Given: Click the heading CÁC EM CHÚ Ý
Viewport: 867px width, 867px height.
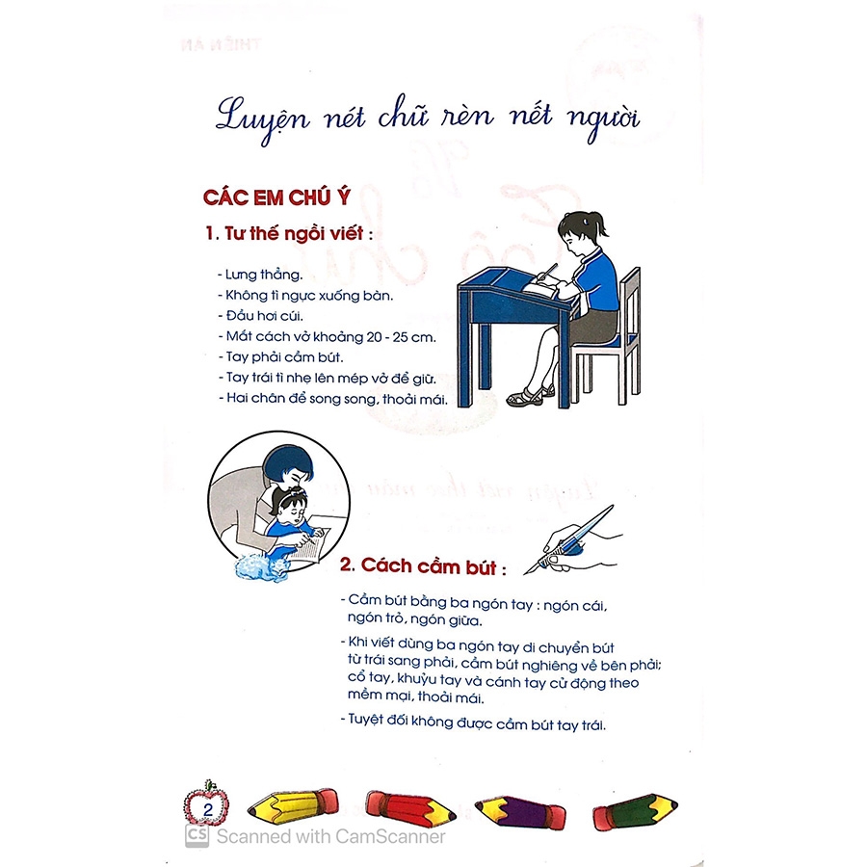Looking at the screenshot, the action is click(276, 197).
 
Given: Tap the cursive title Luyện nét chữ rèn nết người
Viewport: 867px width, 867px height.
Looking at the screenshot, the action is click(428, 118).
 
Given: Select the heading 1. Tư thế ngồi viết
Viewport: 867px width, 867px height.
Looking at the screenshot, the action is click(288, 233).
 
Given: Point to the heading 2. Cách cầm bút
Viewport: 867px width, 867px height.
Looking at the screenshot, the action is click(423, 566).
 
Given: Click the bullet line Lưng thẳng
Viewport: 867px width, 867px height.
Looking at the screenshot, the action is click(260, 275).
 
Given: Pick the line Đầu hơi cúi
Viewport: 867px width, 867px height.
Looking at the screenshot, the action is click(260, 316).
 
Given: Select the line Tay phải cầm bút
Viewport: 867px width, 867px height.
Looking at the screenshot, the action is click(280, 357).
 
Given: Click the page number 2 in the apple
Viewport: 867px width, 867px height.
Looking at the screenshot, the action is click(208, 809).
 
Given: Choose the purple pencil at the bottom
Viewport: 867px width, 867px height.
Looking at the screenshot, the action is click(520, 811).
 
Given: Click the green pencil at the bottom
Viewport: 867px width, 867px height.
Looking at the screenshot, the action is click(636, 812).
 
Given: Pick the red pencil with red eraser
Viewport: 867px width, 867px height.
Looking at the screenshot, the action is click(410, 807).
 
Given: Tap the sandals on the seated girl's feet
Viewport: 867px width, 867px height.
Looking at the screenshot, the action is click(530, 395).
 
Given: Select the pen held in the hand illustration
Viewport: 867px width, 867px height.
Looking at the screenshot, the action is click(569, 539).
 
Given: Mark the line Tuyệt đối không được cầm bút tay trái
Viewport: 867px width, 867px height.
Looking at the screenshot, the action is click(473, 722).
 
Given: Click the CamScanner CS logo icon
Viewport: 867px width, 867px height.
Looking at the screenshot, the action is click(197, 835).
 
